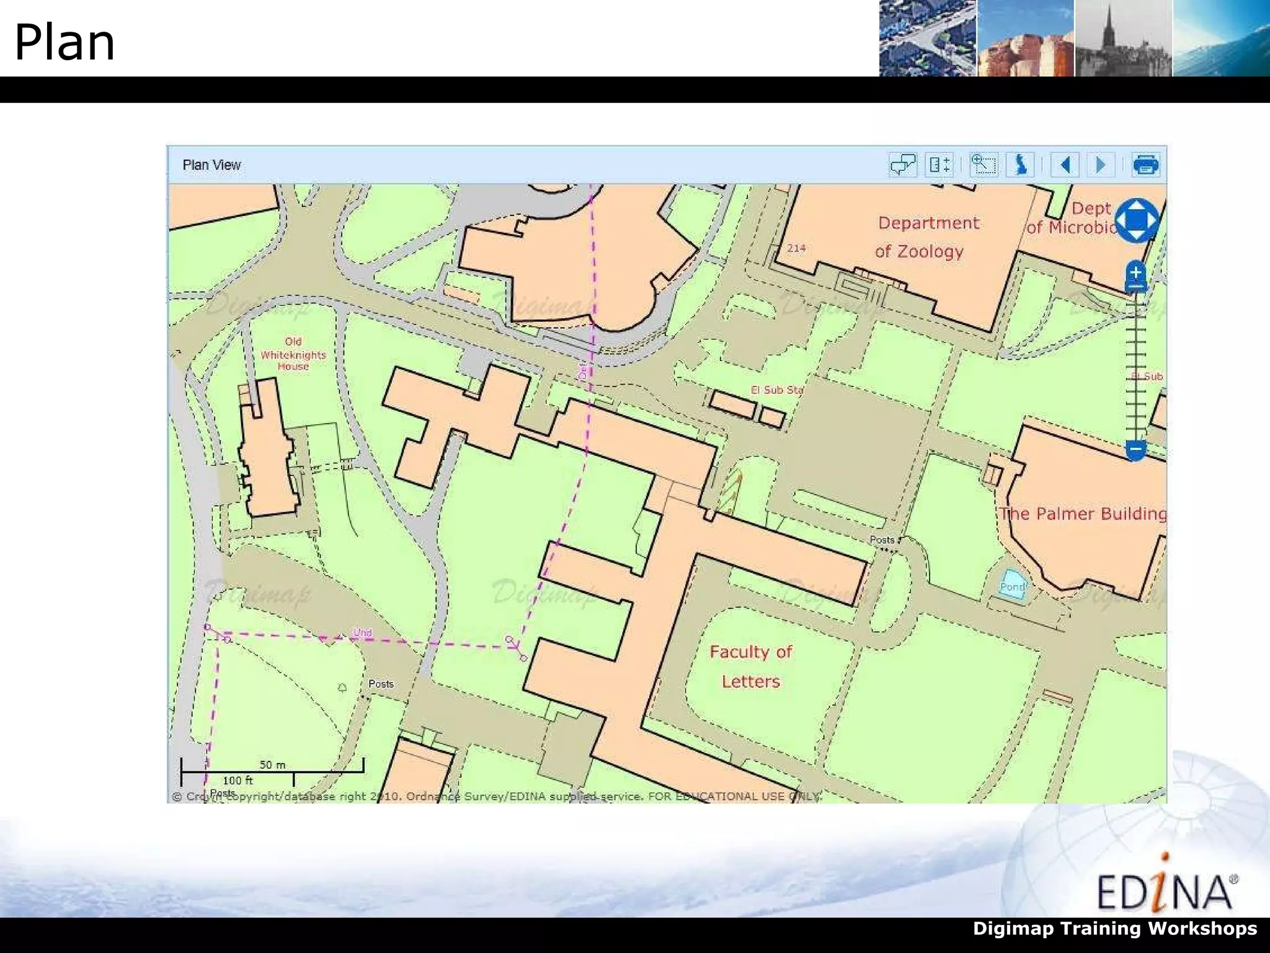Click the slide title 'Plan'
coord(64,42)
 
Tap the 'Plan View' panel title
coord(211,165)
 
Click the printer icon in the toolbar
coord(1145,165)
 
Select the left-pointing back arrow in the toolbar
coord(1065,165)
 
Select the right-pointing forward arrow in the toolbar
coord(1101,165)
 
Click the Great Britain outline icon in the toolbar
coord(1021,165)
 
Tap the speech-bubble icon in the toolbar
coord(902,165)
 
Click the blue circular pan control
coord(1135,220)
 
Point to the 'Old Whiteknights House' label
coord(293,354)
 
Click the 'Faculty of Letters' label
coord(751,666)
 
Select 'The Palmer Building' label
coord(1083,514)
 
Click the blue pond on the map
coord(1012,585)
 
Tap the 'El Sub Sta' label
coord(776,390)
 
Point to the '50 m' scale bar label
coord(272,764)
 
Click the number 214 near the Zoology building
coord(796,248)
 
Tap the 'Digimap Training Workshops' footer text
coord(1114,929)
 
